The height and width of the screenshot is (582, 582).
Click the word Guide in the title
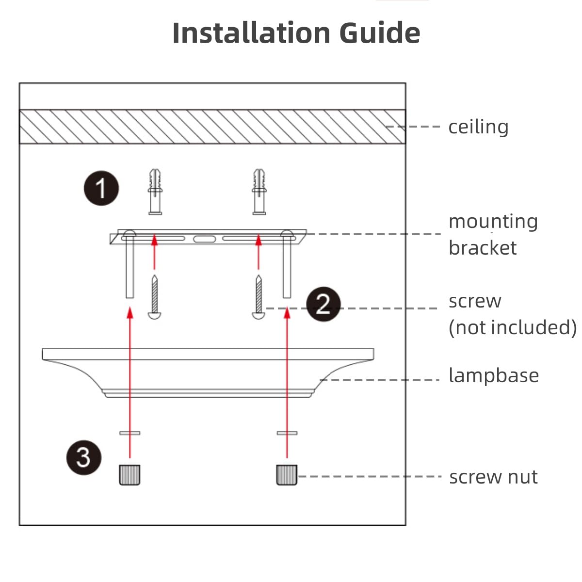pos(379,33)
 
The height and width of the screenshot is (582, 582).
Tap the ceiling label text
pos(478,127)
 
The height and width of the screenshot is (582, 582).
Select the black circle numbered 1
pos(101,188)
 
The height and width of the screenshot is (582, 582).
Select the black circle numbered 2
pos(323,305)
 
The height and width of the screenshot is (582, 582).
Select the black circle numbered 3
pos(84,457)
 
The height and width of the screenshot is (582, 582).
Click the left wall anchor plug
pos(155,192)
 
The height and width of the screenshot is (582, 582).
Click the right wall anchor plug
pos(259,192)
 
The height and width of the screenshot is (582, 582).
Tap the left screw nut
pos(129,474)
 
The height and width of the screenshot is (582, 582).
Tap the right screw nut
pos(287,474)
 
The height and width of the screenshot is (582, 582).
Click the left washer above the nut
pos(129,433)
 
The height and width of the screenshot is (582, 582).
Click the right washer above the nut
pos(287,433)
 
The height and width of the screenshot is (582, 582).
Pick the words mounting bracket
pos(493,235)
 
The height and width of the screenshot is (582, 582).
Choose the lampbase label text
pos(493,376)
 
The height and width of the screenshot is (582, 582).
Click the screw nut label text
pos(493,477)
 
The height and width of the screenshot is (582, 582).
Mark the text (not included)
pos(512,328)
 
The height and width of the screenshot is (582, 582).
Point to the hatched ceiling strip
pos(212,127)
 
